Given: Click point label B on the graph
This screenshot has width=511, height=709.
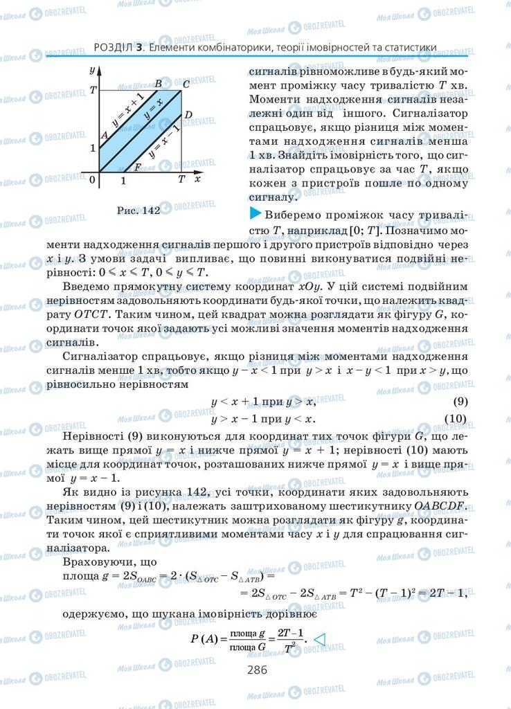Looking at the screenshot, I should coord(159,84).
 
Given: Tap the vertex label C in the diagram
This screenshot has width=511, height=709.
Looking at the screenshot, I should coord(186,84).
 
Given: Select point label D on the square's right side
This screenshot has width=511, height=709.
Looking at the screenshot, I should coord(188,114).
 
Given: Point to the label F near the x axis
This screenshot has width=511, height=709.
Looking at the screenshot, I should coord(137,167).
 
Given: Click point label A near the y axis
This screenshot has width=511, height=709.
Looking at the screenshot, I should coord(104,135).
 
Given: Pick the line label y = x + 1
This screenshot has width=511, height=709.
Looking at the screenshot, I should coord(127,109).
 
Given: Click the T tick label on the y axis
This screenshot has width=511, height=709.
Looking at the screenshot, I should coord(93,91).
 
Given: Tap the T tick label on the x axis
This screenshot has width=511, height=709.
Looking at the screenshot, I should coord(181,179).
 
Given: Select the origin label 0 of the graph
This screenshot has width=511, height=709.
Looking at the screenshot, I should coord(93,180).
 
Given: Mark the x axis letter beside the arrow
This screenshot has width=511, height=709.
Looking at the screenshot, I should coord(198,178).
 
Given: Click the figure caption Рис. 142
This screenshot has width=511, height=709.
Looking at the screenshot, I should coord(135,212).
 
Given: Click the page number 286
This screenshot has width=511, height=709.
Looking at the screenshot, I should coord(256,670).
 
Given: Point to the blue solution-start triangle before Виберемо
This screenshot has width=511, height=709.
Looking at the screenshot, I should coord(253,213).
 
